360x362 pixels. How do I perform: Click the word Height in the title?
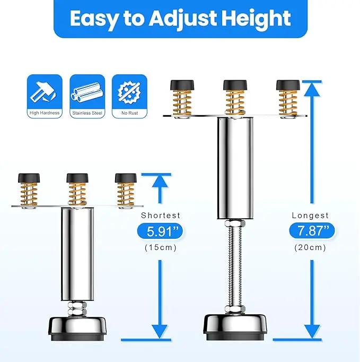point(256,19)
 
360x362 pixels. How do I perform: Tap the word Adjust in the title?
point(183,19)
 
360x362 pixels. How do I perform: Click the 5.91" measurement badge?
point(160,231)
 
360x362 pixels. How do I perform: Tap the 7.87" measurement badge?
point(312,230)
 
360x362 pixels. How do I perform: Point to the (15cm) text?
point(161,248)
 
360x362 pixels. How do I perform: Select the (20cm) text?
point(310,248)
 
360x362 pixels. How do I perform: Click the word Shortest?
point(161,216)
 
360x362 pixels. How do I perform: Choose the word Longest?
point(310,216)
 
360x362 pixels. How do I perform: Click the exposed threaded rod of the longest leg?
point(235,266)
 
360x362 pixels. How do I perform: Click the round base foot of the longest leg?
point(235,326)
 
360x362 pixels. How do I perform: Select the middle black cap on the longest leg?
point(235,85)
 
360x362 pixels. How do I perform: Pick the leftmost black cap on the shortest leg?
point(29,178)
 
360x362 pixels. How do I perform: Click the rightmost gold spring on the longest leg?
point(288,103)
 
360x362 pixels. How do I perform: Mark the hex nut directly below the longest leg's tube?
point(235,223)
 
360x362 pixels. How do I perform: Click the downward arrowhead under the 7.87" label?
point(312,332)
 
